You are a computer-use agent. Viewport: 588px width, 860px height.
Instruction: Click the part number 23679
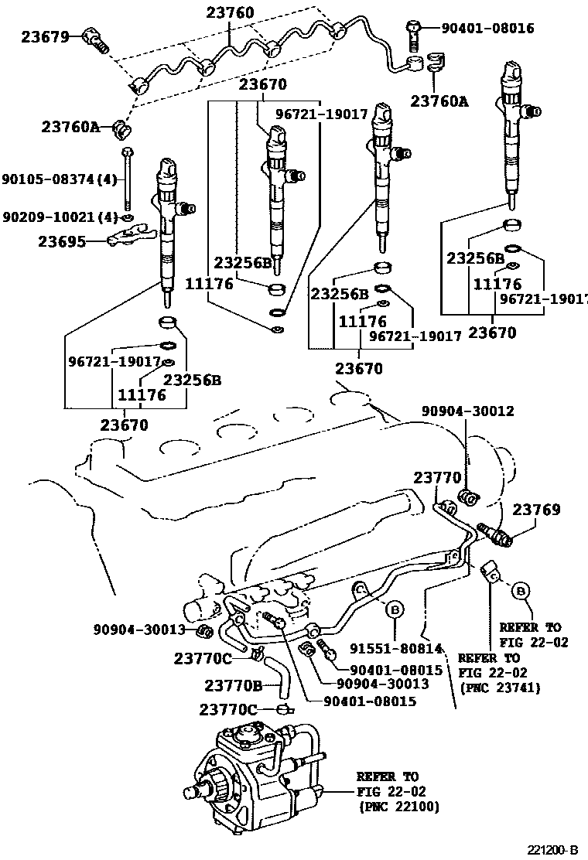[45, 36]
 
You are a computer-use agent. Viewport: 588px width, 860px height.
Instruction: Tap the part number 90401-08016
[487, 29]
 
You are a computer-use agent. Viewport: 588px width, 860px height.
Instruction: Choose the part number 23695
[61, 241]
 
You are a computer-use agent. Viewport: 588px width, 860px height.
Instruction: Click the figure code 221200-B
[553, 849]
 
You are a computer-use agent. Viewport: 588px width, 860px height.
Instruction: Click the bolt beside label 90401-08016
[413, 33]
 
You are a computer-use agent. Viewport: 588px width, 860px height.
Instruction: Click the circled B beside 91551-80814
[395, 611]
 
